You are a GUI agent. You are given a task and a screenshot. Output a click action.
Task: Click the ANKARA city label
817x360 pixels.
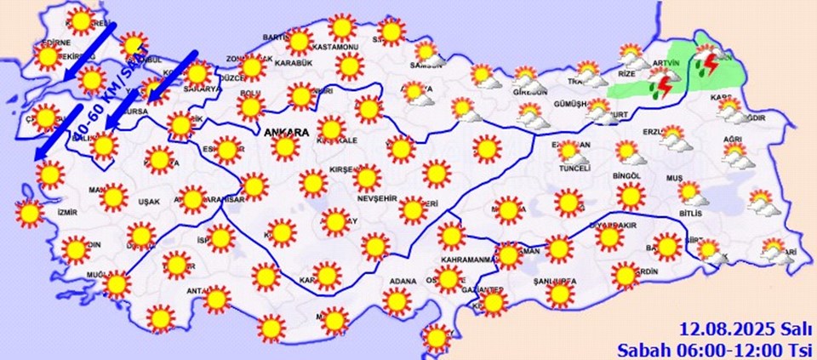point(286,132)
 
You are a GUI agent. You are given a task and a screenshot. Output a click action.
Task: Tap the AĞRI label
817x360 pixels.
point(734,139)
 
